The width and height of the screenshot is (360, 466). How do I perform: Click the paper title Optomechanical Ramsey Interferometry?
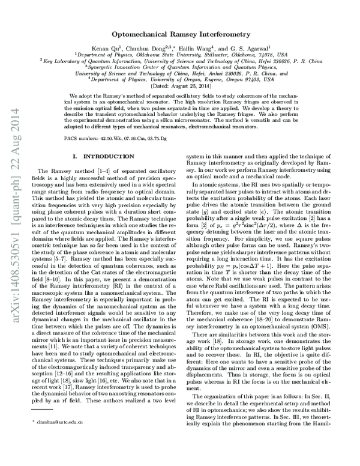[x=180, y=35]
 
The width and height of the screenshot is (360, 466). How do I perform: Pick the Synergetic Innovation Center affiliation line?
[x=180, y=66]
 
